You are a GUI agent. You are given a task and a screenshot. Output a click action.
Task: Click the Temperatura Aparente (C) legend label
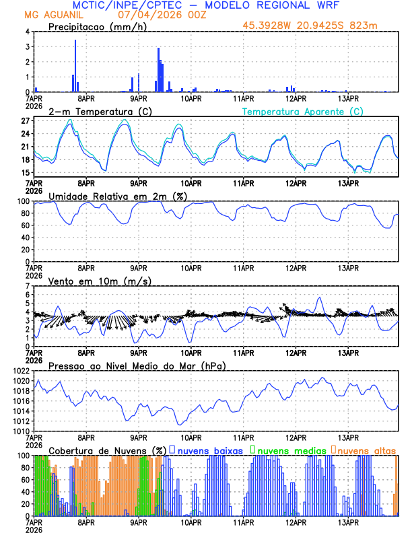[302, 111]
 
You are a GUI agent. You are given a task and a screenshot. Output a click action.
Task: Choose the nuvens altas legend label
[366, 450]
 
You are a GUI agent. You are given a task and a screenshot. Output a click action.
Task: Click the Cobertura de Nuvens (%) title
[107, 450]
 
